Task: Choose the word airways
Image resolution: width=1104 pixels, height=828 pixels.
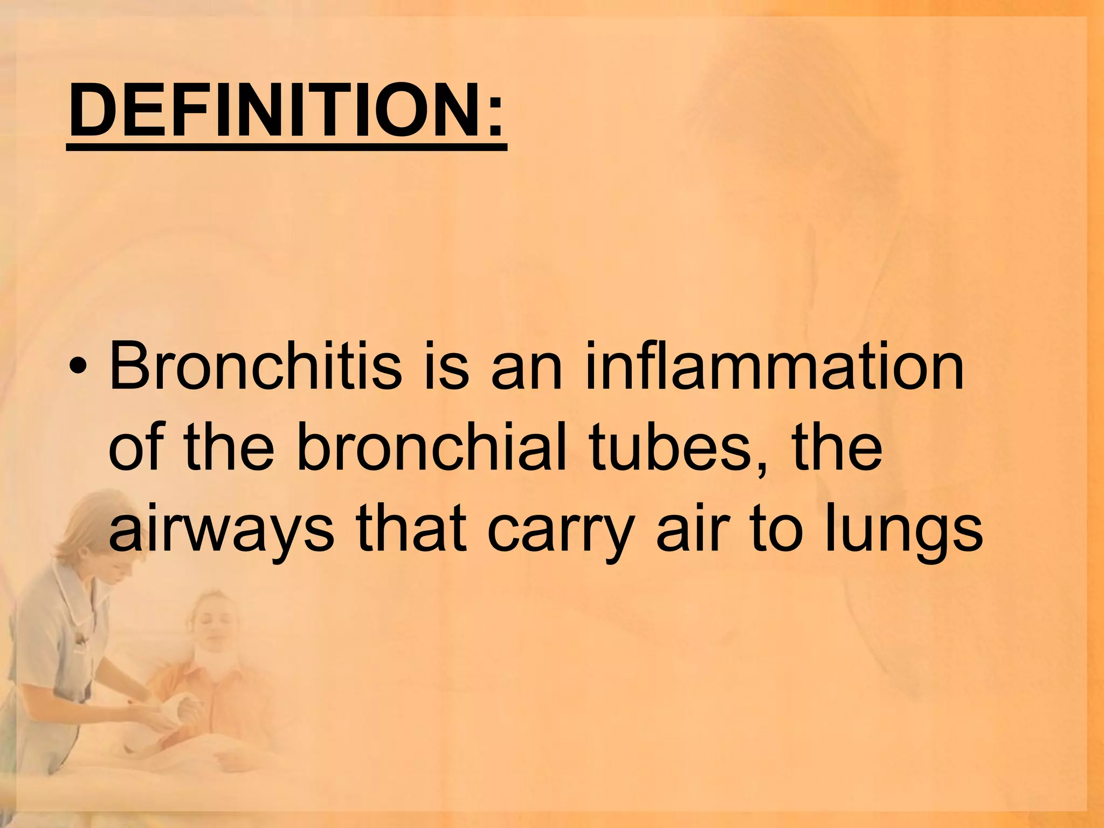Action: (221, 531)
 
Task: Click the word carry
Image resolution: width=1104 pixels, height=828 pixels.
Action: (561, 531)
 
